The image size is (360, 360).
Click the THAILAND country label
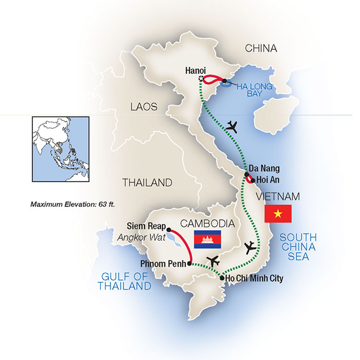tap(147, 183)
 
